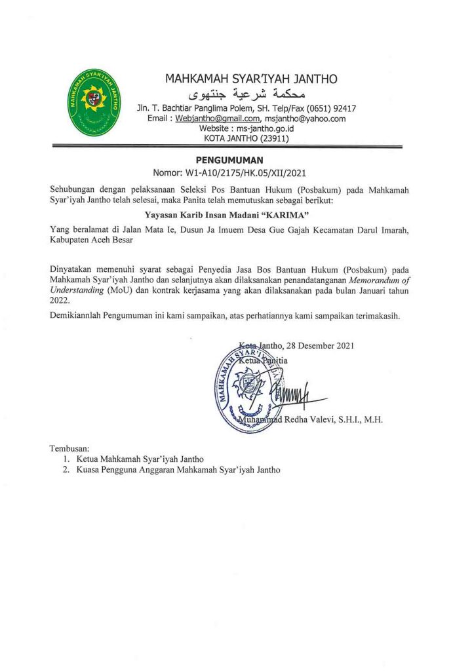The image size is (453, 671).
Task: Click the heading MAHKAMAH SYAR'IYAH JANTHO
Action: [251, 79]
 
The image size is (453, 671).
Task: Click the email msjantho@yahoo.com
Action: [304, 119]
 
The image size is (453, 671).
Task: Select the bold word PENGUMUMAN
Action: [229, 160]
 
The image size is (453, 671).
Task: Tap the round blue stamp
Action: [246, 388]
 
